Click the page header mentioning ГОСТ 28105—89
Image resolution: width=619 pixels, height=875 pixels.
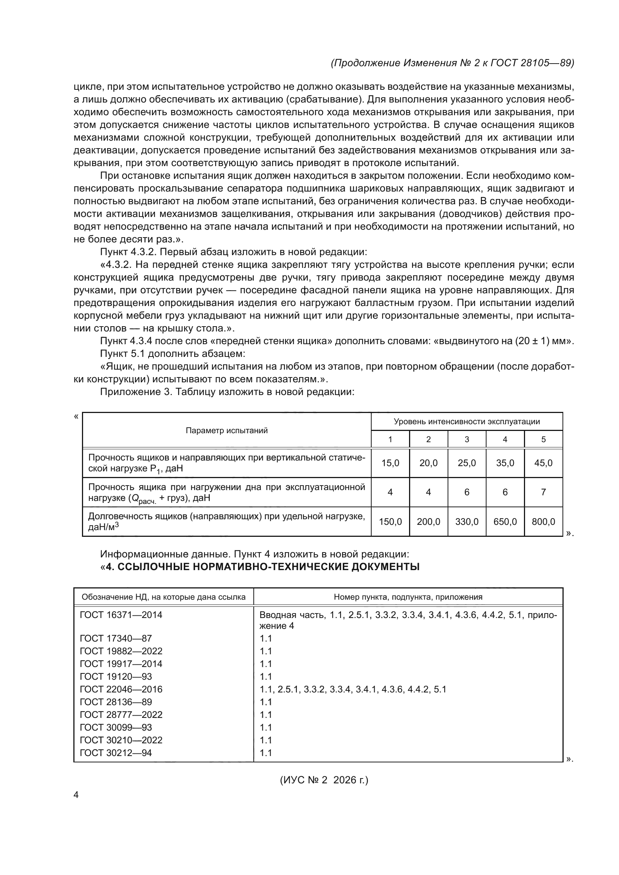(x=452, y=63)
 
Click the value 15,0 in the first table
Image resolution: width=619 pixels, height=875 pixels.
(x=390, y=463)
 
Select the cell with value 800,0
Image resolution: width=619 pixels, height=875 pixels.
(x=543, y=522)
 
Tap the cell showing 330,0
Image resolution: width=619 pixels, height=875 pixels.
(x=467, y=522)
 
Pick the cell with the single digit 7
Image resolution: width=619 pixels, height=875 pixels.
(x=543, y=492)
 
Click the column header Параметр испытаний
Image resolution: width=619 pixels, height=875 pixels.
(x=226, y=431)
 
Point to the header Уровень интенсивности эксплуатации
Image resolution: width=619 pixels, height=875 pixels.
(x=467, y=422)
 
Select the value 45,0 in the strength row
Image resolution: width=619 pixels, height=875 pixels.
(x=543, y=463)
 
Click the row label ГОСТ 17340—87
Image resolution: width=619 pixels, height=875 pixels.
(x=116, y=638)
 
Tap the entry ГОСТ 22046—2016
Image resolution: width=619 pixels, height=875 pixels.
(x=121, y=689)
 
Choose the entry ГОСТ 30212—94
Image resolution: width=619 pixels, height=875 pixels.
(x=116, y=753)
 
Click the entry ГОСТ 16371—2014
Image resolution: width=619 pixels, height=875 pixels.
(x=121, y=615)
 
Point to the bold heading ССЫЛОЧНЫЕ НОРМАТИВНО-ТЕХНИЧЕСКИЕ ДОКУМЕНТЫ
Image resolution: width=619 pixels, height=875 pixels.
(x=263, y=567)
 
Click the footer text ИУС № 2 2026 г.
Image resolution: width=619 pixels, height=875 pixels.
(x=324, y=780)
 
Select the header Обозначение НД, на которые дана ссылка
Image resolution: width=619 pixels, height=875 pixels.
(x=164, y=597)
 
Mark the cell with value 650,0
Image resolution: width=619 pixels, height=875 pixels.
(x=504, y=522)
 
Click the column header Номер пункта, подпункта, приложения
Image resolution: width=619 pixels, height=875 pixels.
(x=408, y=597)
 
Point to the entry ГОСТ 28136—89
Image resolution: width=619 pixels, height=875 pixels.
(x=116, y=702)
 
